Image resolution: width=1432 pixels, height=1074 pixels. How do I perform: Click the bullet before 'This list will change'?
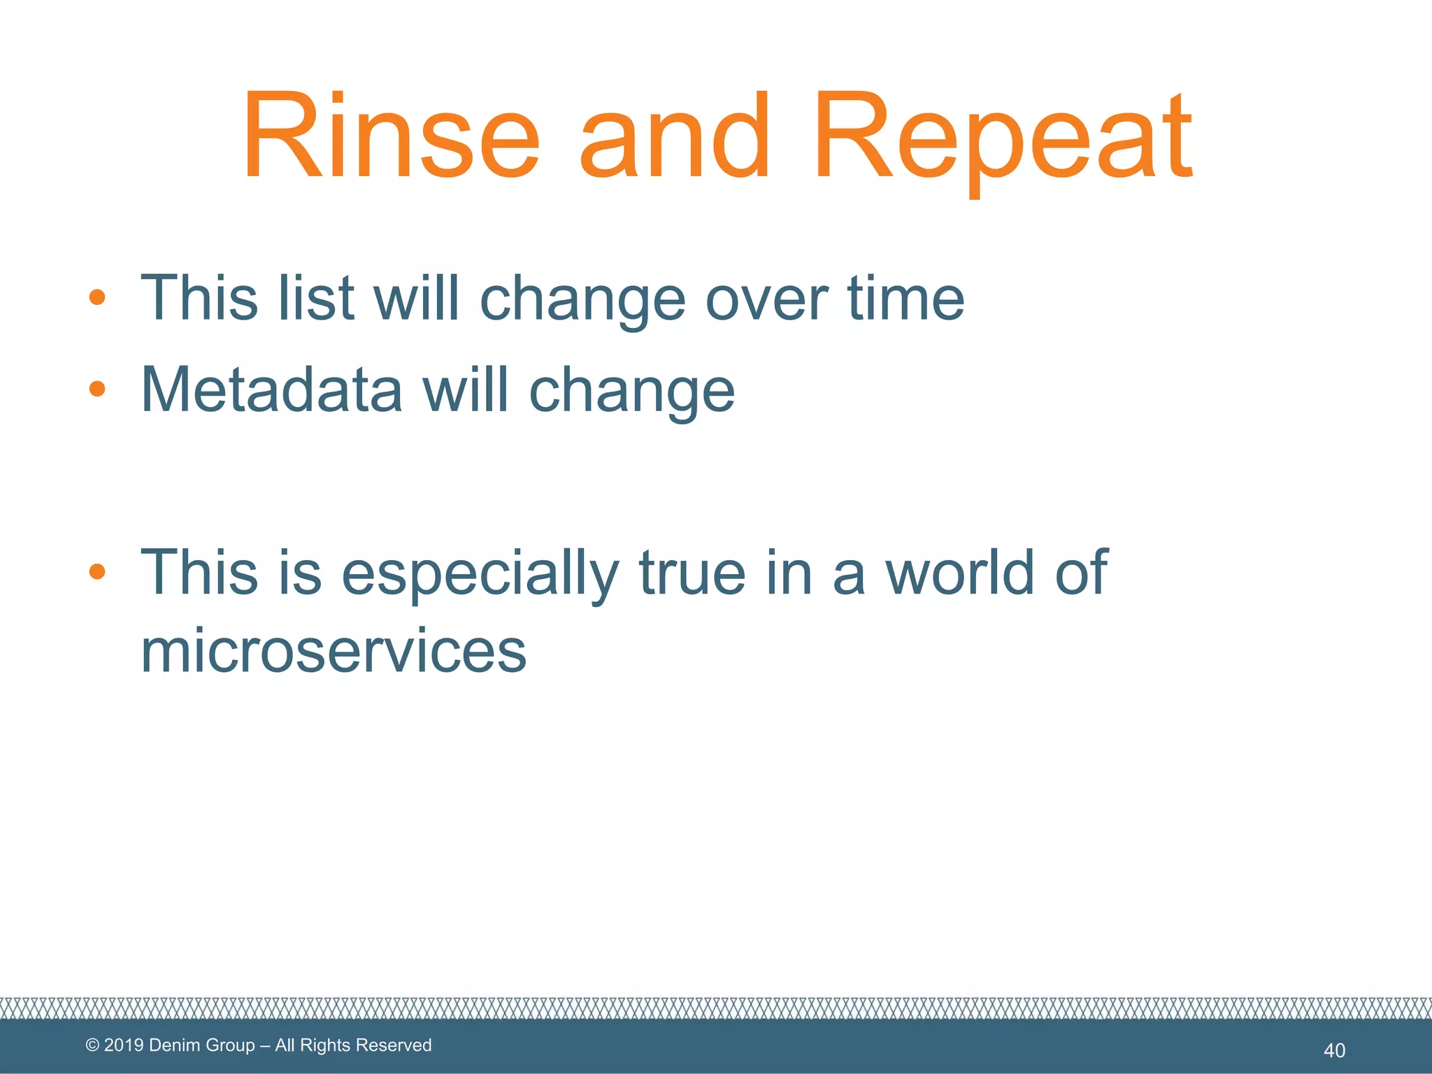tap(97, 297)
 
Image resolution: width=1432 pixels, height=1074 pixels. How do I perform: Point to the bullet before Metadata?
tap(97, 388)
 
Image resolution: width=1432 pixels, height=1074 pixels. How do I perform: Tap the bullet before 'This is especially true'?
tap(97, 571)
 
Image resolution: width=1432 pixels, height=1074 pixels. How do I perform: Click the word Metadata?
tap(271, 389)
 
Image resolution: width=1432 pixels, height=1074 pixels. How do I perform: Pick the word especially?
tap(480, 573)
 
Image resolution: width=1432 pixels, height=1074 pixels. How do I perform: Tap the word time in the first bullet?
tap(905, 299)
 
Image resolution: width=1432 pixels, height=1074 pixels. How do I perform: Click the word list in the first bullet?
tap(315, 299)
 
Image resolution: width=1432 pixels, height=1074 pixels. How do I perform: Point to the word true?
tap(692, 573)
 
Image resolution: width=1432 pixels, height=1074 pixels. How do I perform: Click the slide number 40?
tap(1334, 1050)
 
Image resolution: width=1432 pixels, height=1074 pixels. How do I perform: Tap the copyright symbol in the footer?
tap(92, 1045)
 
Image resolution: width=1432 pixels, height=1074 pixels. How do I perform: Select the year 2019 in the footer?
tap(124, 1045)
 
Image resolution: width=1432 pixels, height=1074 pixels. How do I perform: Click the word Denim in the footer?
tap(172, 1045)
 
